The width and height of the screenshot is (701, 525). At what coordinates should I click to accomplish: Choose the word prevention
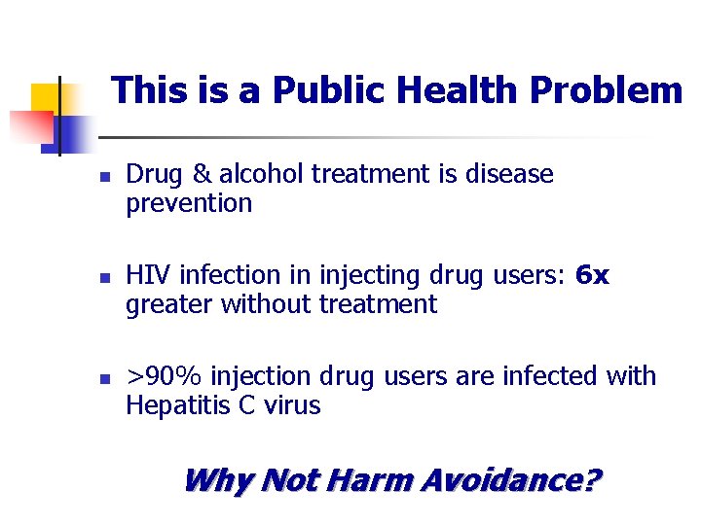coord(189,204)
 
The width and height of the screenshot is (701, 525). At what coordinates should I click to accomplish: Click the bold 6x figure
coord(592,276)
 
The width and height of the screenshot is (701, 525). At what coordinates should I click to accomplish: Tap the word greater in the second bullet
coord(170,305)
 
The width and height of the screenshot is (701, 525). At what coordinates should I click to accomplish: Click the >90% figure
coord(165,377)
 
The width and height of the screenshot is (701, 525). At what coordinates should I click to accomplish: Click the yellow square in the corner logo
coord(47,99)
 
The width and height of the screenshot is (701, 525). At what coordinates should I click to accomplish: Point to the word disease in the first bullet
coord(505,175)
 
